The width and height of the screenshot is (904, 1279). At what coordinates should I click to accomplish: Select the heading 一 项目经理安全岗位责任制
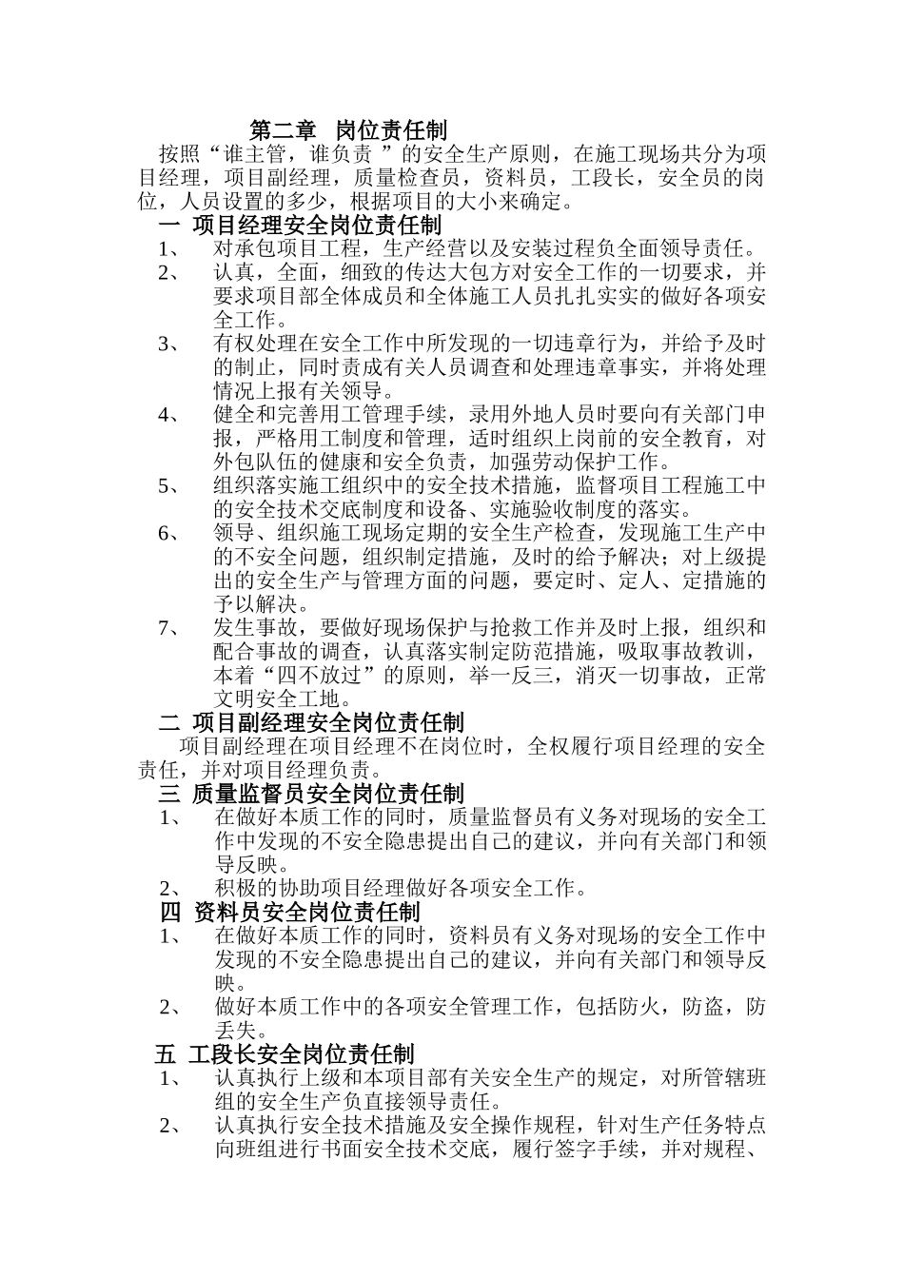click(300, 226)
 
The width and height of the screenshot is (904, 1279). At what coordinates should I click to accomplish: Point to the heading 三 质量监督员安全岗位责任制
click(311, 794)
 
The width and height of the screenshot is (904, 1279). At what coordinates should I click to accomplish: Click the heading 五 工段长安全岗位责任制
click(285, 1054)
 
